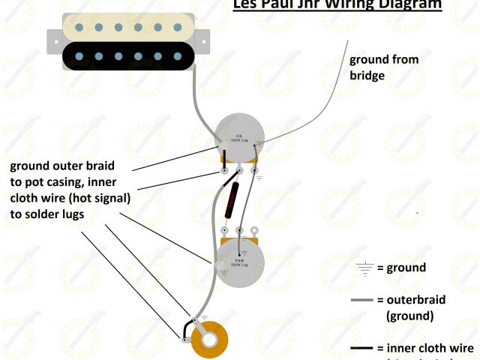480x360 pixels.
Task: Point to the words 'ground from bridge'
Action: (x=383, y=67)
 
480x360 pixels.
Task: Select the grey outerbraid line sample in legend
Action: (x=362, y=301)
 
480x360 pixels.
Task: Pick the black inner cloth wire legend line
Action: (x=362, y=349)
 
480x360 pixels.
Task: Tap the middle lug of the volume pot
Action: (x=241, y=170)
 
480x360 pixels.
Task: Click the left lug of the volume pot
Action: (x=225, y=171)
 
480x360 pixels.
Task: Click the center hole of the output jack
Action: (x=211, y=339)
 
